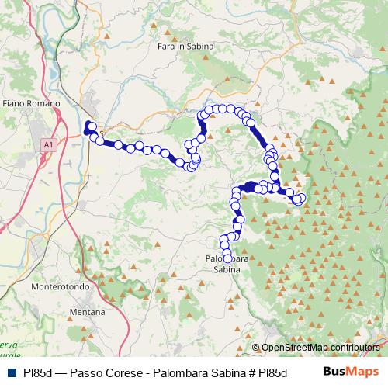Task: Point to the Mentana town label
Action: pyautogui.click(x=88, y=311)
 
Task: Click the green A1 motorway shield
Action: pyautogui.click(x=49, y=144)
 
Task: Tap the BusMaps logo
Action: pyautogui.click(x=349, y=372)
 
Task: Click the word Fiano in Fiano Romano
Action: pyautogui.click(x=15, y=102)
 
